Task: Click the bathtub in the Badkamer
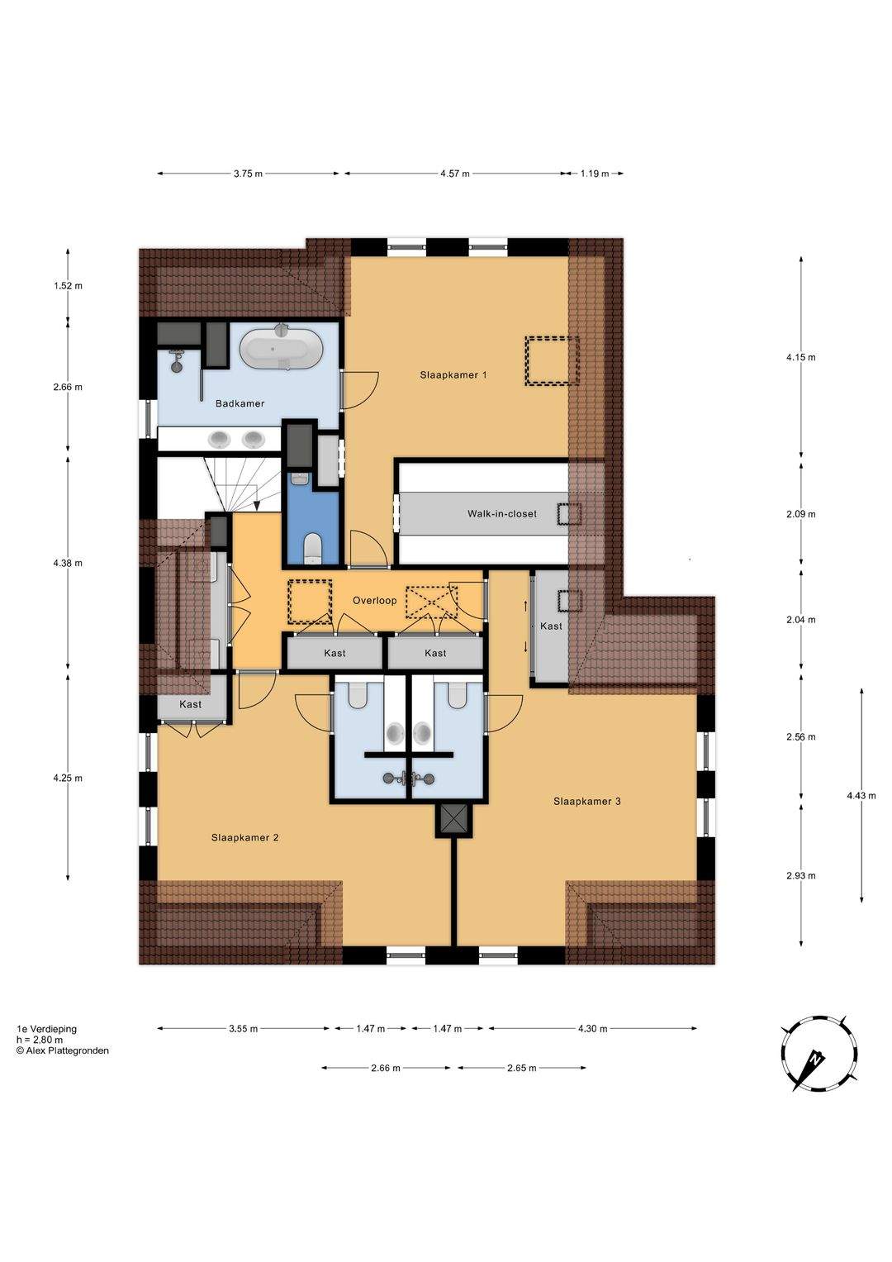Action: tap(281, 348)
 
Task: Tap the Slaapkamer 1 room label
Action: tap(453, 374)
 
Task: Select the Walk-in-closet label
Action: tap(502, 514)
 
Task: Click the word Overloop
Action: tap(374, 601)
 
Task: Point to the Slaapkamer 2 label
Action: tap(245, 838)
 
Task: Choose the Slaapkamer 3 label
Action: tap(586, 801)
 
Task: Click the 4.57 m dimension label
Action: tap(454, 174)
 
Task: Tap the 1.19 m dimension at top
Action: tap(595, 174)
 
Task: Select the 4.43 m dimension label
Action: tap(861, 796)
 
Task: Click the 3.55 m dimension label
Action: tap(244, 1029)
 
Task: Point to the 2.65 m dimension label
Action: tap(521, 1068)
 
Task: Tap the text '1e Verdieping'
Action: tap(47, 1029)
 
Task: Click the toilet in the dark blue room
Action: tap(312, 549)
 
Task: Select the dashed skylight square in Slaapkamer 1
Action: tap(552, 360)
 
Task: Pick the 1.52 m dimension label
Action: tap(68, 286)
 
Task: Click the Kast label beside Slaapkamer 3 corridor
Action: tap(551, 626)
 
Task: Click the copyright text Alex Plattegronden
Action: tap(63, 1050)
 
